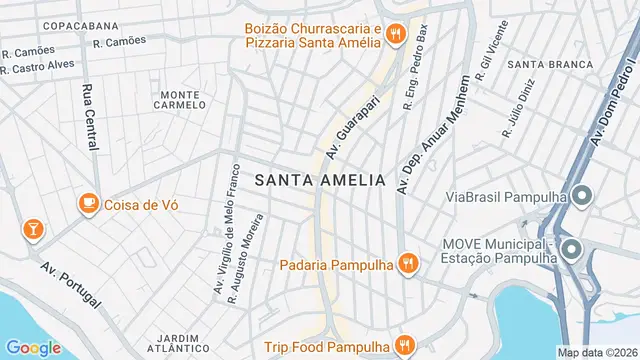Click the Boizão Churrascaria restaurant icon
pyautogui.click(x=396, y=35)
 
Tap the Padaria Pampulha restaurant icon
pyautogui.click(x=407, y=265)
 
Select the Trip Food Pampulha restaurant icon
pyautogui.click(x=405, y=347)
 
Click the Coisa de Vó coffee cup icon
pyautogui.click(x=89, y=204)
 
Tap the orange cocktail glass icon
pyautogui.click(x=33, y=229)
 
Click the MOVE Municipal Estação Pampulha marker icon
pyautogui.click(x=571, y=249)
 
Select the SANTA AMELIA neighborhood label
pyautogui.click(x=320, y=180)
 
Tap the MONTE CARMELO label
pyautogui.click(x=180, y=100)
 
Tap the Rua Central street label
pyautogui.click(x=89, y=115)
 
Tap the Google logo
pyautogui.click(x=34, y=347)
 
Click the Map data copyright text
pyautogui.click(x=596, y=352)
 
